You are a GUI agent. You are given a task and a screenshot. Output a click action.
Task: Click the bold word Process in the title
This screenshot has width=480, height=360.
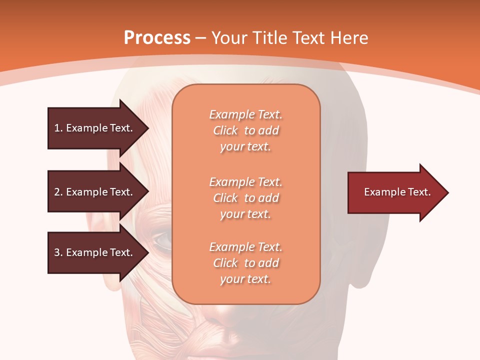click(157, 37)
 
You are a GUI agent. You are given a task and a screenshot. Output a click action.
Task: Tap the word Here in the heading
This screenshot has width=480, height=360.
click(348, 37)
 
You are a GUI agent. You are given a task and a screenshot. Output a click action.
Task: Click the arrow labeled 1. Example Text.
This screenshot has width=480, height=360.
click(95, 128)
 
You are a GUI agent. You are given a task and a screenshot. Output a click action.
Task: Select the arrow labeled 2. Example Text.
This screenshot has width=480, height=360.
click(95, 192)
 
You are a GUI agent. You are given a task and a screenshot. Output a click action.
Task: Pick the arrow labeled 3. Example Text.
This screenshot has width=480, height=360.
click(95, 252)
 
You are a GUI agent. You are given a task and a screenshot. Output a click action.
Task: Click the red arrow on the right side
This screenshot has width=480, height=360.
click(395, 192)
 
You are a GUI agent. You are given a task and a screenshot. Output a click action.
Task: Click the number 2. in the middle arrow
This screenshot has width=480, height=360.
click(58, 192)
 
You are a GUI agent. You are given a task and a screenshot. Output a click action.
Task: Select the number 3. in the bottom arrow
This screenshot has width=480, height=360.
click(58, 252)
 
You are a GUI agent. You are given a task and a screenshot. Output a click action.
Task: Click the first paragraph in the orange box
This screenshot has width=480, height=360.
click(245, 130)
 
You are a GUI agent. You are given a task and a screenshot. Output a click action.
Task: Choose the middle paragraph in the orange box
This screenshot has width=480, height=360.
click(245, 197)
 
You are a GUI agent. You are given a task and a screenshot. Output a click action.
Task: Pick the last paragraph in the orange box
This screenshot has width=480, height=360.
click(245, 263)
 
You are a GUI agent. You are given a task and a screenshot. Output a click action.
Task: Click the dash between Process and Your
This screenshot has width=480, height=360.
click(201, 38)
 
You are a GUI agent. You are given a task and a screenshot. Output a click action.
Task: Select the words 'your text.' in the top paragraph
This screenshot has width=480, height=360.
click(245, 147)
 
